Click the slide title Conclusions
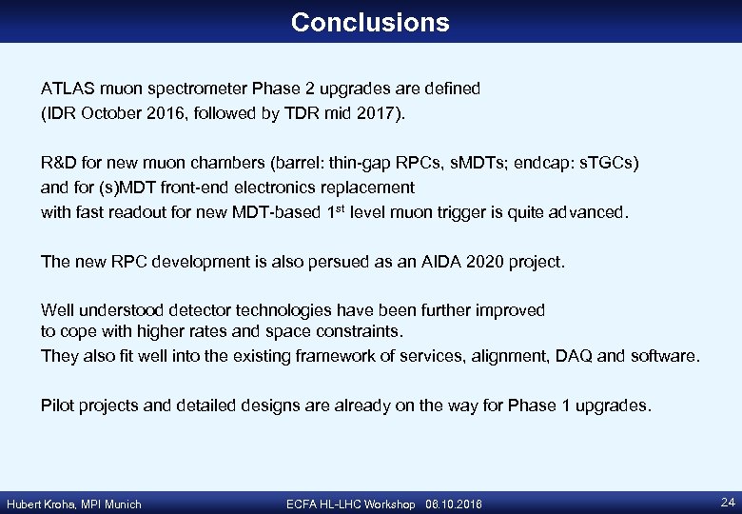pos(370,22)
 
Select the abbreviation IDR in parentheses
pos(60,114)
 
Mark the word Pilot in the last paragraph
pos(57,405)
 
